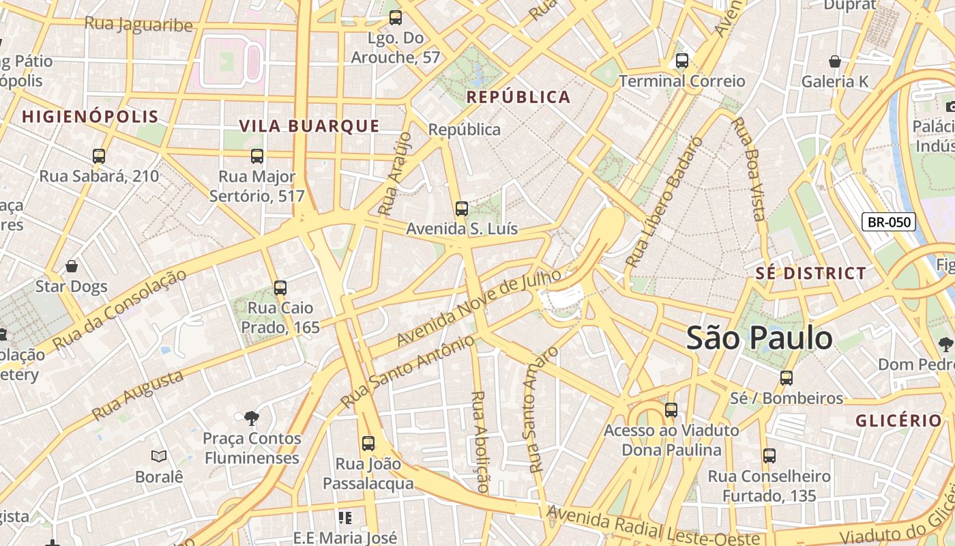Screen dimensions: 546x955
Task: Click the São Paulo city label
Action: (x=759, y=338)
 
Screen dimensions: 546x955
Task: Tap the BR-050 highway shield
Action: (x=888, y=221)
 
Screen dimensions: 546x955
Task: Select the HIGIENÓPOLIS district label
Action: (x=90, y=117)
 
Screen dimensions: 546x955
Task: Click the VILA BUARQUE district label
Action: (x=309, y=126)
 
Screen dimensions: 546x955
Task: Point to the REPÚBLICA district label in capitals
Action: (x=518, y=97)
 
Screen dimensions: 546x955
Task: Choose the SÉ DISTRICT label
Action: (x=810, y=274)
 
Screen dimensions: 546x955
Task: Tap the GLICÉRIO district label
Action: (x=898, y=420)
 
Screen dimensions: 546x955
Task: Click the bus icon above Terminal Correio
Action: (x=681, y=61)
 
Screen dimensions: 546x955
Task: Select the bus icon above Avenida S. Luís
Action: (x=462, y=209)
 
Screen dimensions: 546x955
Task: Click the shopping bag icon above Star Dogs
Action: (x=72, y=266)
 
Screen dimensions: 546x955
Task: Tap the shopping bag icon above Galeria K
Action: (x=834, y=62)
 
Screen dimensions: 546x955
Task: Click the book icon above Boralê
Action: (x=159, y=456)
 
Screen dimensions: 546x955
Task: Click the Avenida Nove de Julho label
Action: (x=478, y=307)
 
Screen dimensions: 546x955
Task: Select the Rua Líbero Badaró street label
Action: (x=663, y=203)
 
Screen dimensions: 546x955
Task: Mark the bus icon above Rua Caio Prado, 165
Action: (x=280, y=288)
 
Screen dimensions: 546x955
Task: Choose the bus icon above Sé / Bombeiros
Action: (x=787, y=377)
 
